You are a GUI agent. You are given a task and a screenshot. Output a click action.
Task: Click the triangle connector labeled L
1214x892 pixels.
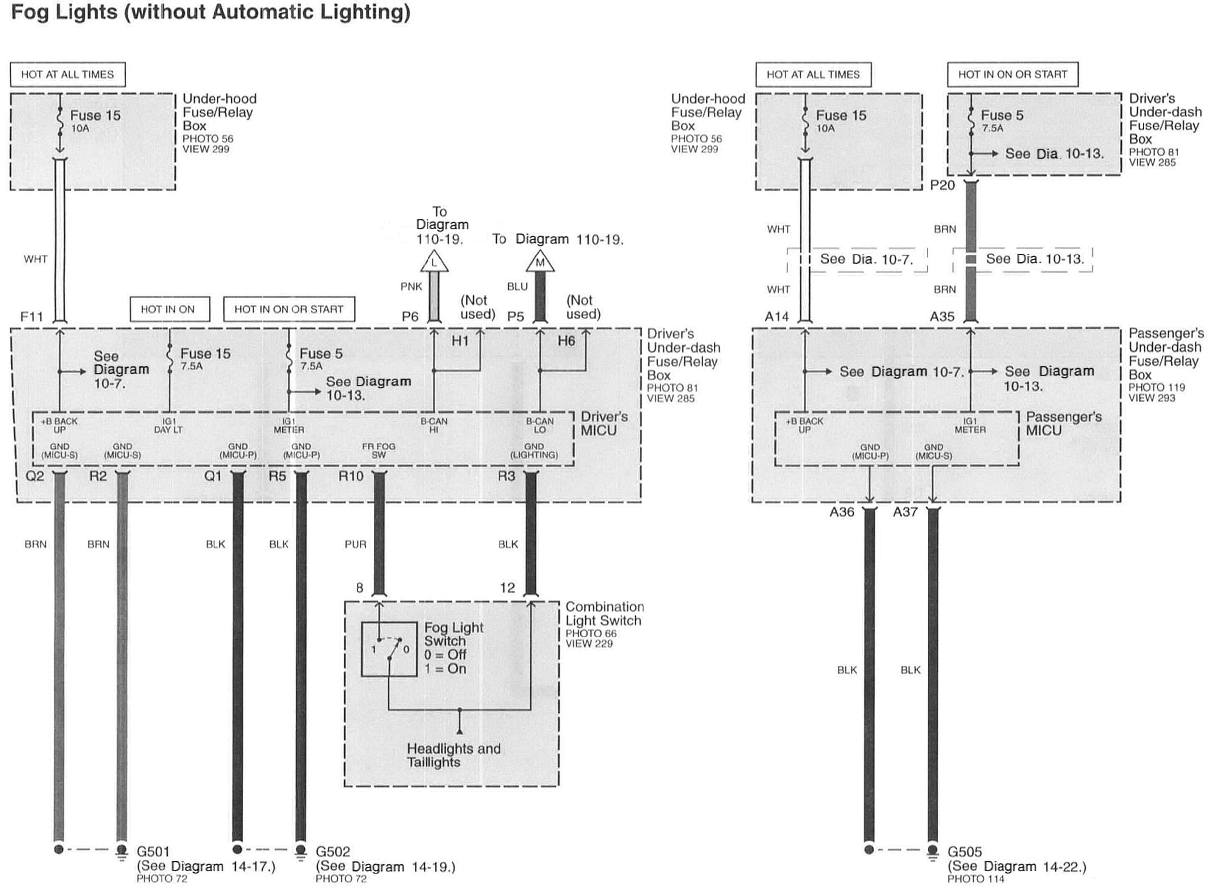coord(434,263)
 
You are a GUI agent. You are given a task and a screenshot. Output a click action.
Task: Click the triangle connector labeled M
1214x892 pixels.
coord(540,263)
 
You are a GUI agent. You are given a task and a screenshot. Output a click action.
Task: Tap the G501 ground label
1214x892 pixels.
coord(153,851)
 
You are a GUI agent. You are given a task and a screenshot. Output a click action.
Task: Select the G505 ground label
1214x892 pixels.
coord(964,852)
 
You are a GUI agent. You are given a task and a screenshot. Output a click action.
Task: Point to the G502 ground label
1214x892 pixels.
coord(333,851)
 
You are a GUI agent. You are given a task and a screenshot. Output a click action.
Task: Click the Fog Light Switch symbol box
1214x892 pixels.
coord(389,648)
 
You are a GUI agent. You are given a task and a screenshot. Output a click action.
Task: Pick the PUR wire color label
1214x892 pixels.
coord(355,544)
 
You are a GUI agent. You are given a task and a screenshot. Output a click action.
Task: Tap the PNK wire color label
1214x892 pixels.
coord(411,287)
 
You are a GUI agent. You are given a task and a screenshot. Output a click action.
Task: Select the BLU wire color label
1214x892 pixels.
coord(517,287)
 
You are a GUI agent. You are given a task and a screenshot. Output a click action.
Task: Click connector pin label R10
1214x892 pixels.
coord(351,476)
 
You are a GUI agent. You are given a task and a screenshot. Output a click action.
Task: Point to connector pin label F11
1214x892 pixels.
coord(31,317)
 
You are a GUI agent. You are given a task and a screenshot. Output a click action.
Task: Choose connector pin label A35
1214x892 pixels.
coord(942,317)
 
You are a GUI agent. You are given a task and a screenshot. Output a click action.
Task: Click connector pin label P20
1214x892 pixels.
coord(942,185)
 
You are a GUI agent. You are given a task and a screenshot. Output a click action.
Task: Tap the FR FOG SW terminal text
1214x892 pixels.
coord(378,451)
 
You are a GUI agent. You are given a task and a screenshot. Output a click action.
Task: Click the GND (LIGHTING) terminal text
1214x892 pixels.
coord(534,451)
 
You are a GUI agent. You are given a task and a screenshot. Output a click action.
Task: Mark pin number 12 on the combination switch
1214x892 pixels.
coord(507,588)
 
